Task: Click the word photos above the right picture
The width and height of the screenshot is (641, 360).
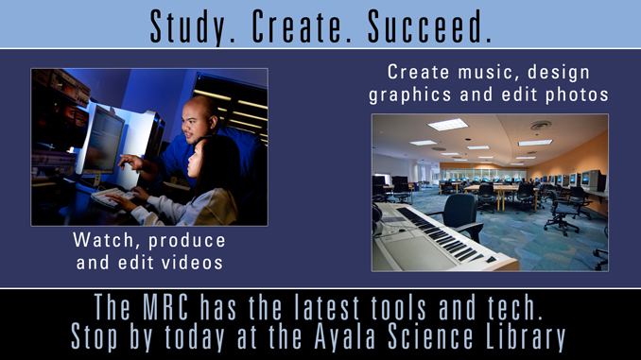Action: point(574,94)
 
